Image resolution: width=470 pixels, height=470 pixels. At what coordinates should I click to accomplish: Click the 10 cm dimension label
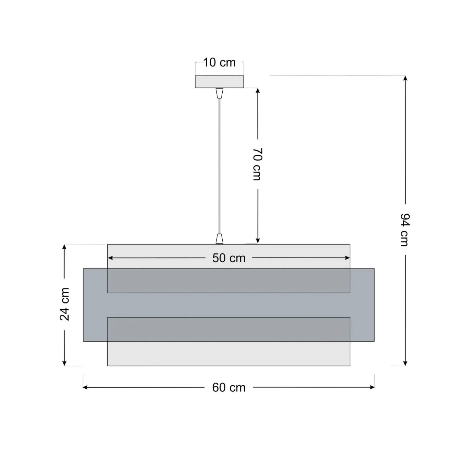[x=219, y=62]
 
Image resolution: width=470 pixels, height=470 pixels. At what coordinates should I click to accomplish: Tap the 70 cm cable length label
[x=257, y=164]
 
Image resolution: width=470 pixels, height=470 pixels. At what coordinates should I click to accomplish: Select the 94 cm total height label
[x=405, y=230]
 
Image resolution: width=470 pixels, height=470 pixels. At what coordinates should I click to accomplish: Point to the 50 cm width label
[x=229, y=258]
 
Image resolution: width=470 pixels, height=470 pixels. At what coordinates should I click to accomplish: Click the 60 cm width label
[x=229, y=388]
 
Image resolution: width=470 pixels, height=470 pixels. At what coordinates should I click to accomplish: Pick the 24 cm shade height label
[x=64, y=304]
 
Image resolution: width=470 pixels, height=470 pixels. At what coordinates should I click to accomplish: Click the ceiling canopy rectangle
[x=219, y=82]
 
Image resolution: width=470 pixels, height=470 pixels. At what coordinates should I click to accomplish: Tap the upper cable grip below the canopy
[x=220, y=93]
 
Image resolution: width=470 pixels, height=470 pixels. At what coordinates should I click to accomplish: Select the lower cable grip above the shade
[x=220, y=239]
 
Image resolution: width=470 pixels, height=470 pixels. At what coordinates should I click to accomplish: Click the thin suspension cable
[x=220, y=166]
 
